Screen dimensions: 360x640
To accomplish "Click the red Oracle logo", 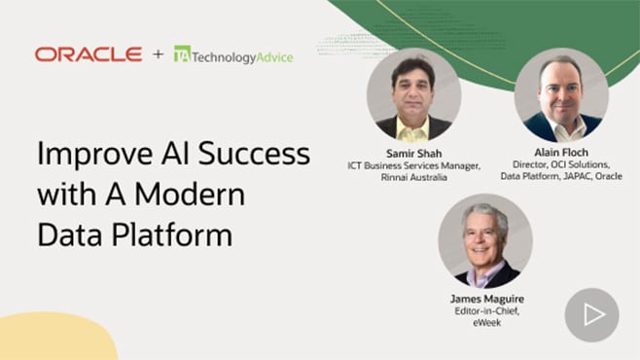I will pyautogui.click(x=89, y=54).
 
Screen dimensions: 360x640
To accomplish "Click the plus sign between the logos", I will pyautogui.click(x=158, y=54).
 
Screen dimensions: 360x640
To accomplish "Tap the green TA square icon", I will pyautogui.click(x=181, y=54).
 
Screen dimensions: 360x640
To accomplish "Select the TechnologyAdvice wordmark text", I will pyautogui.click(x=241, y=56).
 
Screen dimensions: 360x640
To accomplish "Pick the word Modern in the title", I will pyautogui.click(x=191, y=194).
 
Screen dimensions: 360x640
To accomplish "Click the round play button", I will pyautogui.click(x=591, y=314).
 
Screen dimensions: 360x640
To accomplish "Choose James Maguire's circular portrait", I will pyautogui.click(x=484, y=240).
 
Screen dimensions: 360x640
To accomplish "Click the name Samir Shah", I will pyautogui.click(x=414, y=154).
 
